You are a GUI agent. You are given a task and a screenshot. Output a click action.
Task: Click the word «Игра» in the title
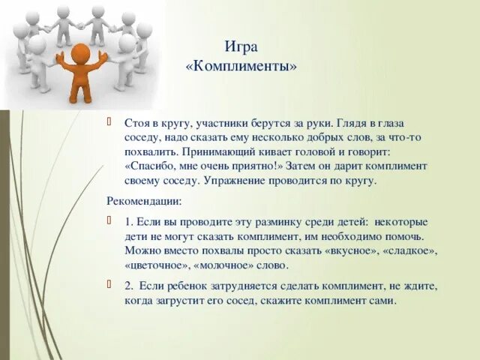pos(241,47)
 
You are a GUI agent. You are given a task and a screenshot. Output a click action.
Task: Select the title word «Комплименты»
pos(241,66)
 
